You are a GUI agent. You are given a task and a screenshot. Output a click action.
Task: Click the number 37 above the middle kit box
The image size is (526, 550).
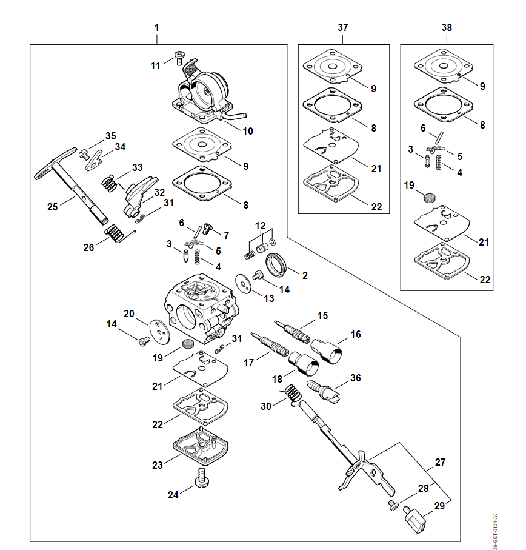343,27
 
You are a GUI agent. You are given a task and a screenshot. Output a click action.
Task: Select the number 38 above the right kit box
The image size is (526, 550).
447,27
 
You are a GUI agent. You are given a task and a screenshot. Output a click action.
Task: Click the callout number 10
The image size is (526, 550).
247,131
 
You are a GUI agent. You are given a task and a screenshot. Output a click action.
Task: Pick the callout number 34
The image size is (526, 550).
120,147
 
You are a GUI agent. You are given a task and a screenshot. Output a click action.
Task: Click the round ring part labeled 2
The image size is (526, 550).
279,264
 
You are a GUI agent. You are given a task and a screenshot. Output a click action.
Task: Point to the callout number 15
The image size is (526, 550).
322,315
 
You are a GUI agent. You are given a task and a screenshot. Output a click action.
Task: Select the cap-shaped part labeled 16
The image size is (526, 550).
329,351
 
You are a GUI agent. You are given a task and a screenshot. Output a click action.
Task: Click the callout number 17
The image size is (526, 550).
249,363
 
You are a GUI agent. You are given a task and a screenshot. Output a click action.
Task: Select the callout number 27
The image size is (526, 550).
441,462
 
